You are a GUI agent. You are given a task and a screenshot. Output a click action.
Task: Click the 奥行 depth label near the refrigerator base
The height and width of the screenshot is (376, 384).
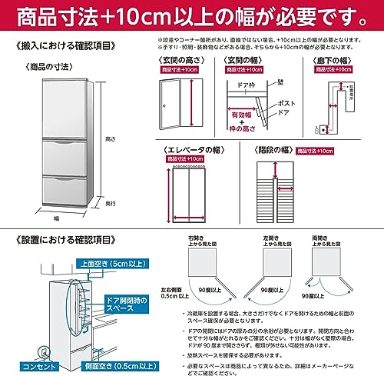click(x=111, y=203)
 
